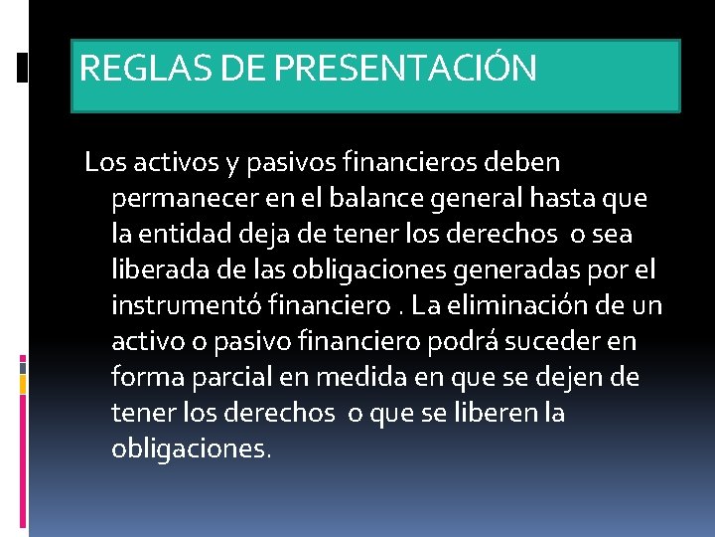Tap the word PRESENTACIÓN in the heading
[405, 69]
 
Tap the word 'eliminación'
[517, 305]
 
